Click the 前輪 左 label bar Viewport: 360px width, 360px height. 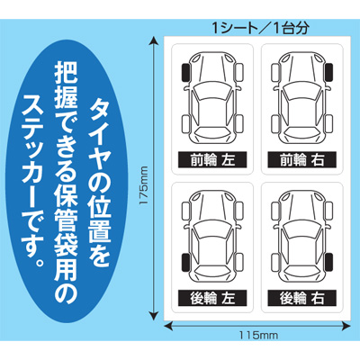212,160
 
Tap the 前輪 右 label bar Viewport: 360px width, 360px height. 301,160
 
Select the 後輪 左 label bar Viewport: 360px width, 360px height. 212,296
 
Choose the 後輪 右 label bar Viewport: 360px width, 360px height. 301,296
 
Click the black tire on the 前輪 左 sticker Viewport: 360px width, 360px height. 185,72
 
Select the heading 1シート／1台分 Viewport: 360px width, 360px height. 255,24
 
